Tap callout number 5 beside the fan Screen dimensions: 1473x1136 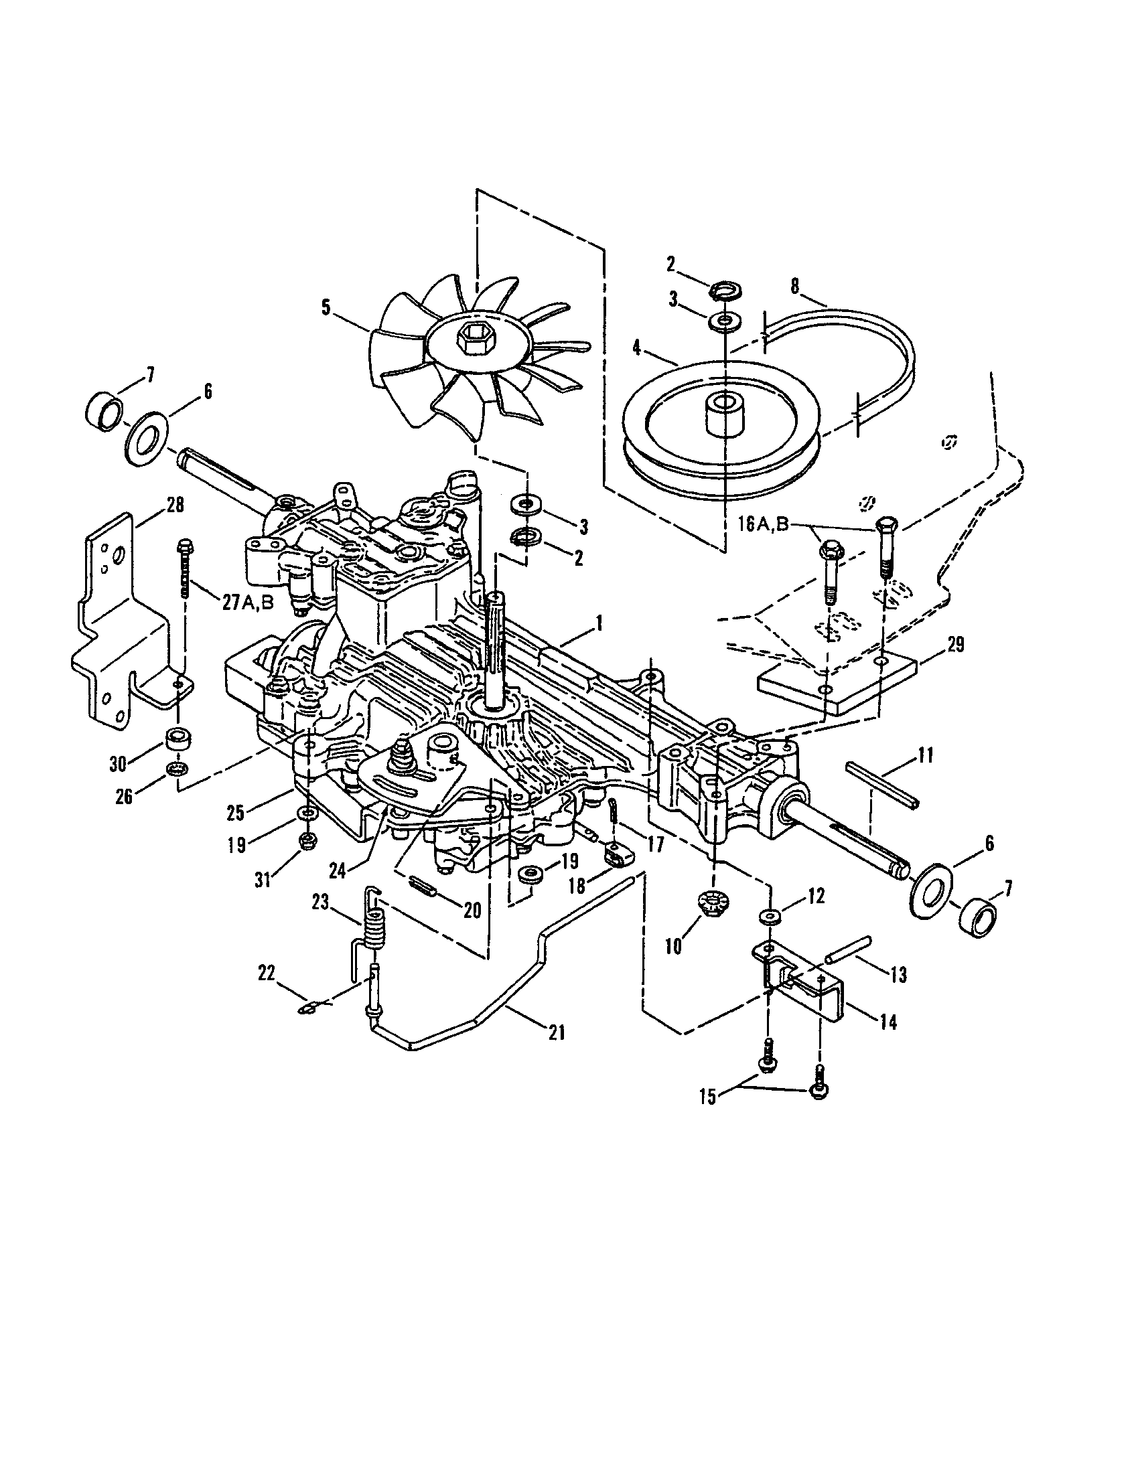(x=326, y=308)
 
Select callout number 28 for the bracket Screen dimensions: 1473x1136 (x=175, y=506)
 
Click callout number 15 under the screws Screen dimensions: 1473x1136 (x=707, y=1097)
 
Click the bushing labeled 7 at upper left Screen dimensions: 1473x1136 (x=105, y=409)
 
